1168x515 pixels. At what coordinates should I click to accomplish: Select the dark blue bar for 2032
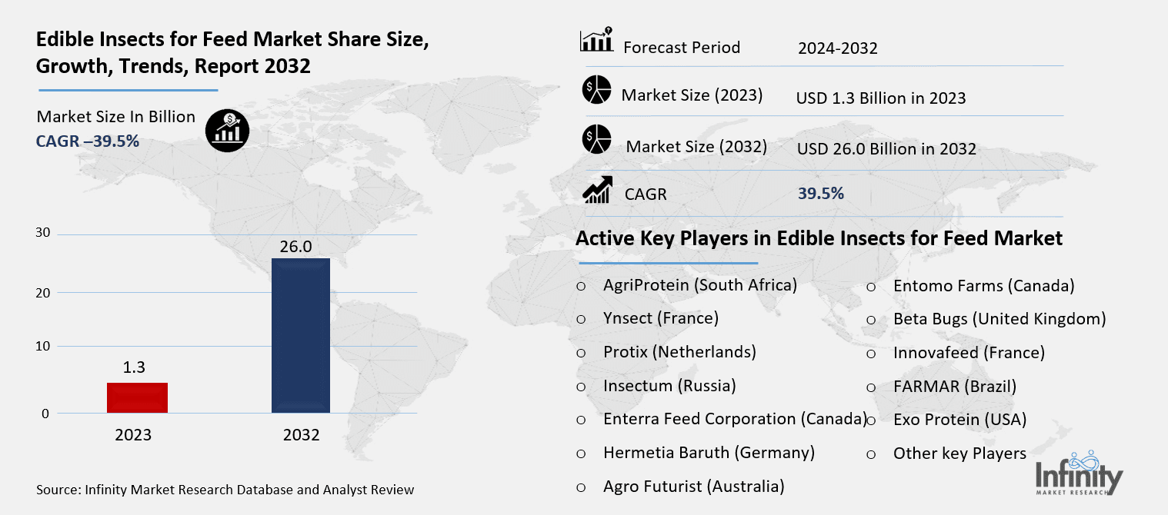(301, 335)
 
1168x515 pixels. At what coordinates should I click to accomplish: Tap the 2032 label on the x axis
(301, 435)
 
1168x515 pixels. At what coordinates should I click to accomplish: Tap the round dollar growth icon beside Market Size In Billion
(227, 129)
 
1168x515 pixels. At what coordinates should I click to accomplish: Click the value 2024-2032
(837, 48)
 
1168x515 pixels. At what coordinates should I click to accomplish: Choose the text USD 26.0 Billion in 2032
(886, 149)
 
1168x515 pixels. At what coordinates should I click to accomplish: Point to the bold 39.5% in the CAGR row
(821, 193)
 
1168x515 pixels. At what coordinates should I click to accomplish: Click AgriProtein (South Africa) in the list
(700, 285)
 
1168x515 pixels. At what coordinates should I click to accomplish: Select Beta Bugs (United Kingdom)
(999, 318)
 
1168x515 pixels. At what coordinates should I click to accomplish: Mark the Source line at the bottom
(225, 489)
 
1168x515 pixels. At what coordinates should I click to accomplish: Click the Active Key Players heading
(819, 238)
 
